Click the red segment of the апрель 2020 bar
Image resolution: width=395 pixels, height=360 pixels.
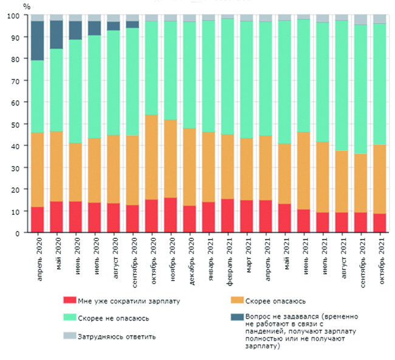coord(38,220)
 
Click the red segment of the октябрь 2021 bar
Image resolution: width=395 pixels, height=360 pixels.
coord(379,223)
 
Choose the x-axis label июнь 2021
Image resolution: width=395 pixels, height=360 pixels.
coord(303,258)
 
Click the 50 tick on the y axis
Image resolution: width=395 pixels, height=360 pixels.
coord(18,124)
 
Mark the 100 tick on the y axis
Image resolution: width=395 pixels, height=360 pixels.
coord(16,16)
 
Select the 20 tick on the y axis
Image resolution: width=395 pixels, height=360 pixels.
coord(18,189)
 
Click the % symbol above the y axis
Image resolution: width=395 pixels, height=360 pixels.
coord(26,6)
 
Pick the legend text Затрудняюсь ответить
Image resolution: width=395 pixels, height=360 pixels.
coord(116,336)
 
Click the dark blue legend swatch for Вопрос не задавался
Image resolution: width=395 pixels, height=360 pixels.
coord(236,317)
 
